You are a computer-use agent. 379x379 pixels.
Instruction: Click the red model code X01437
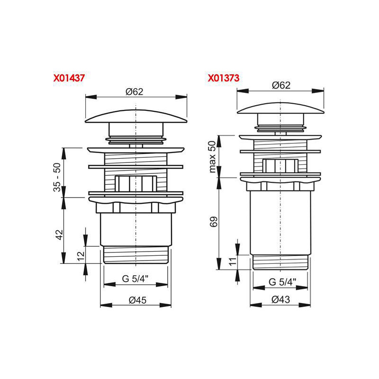point(69,78)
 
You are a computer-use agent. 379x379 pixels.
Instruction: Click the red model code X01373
point(224,78)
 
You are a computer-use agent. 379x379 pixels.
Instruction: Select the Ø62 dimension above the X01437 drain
point(135,92)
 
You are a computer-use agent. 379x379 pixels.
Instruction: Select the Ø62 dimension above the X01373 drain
point(281,85)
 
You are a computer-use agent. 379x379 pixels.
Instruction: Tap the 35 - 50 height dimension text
point(57,177)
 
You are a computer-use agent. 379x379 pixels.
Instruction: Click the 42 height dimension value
point(59,235)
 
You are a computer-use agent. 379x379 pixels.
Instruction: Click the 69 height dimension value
point(214,222)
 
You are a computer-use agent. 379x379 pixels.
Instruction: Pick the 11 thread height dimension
point(233,262)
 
